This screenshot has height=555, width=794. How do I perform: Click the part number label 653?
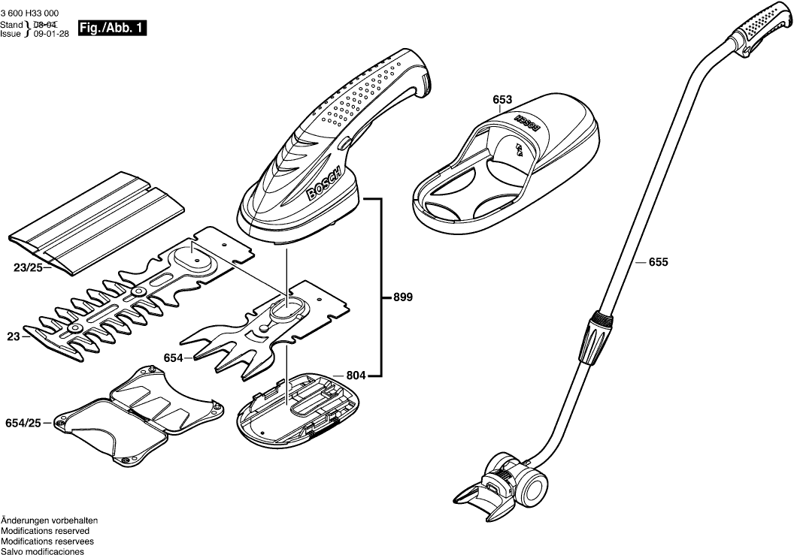click(502, 100)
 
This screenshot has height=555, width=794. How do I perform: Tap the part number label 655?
click(658, 262)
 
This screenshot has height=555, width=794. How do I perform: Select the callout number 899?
click(404, 297)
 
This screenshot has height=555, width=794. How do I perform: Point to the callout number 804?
click(356, 374)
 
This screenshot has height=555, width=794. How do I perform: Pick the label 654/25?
click(23, 424)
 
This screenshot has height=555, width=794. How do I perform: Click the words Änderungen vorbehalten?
click(50, 520)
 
